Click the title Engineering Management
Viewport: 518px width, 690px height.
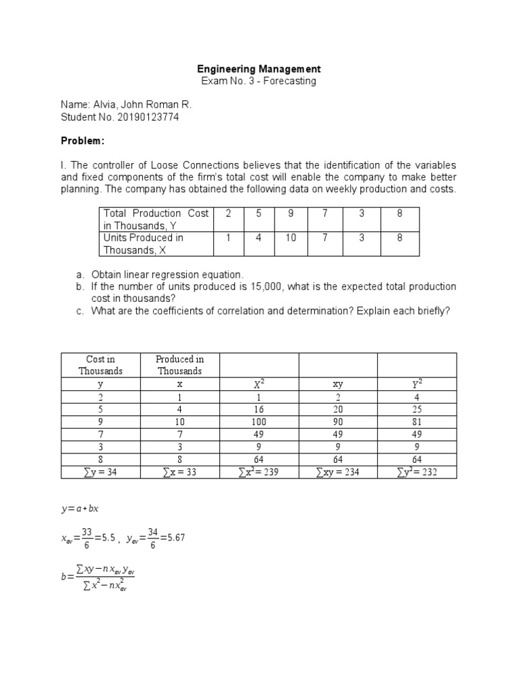click(259, 69)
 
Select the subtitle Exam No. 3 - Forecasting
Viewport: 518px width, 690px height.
click(259, 81)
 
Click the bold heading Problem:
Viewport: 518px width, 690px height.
click(83, 142)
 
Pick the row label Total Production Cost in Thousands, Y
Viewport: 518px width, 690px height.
click(156, 219)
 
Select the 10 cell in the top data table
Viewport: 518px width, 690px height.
click(291, 238)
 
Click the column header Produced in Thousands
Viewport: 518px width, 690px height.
click(179, 365)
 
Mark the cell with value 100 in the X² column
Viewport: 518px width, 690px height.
click(259, 422)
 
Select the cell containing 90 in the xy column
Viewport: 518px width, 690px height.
click(338, 422)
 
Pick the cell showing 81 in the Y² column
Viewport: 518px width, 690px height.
click(416, 422)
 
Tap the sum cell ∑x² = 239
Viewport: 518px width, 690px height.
click(259, 472)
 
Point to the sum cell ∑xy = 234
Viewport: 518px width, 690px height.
click(338, 472)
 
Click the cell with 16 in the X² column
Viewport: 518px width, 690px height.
click(259, 409)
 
